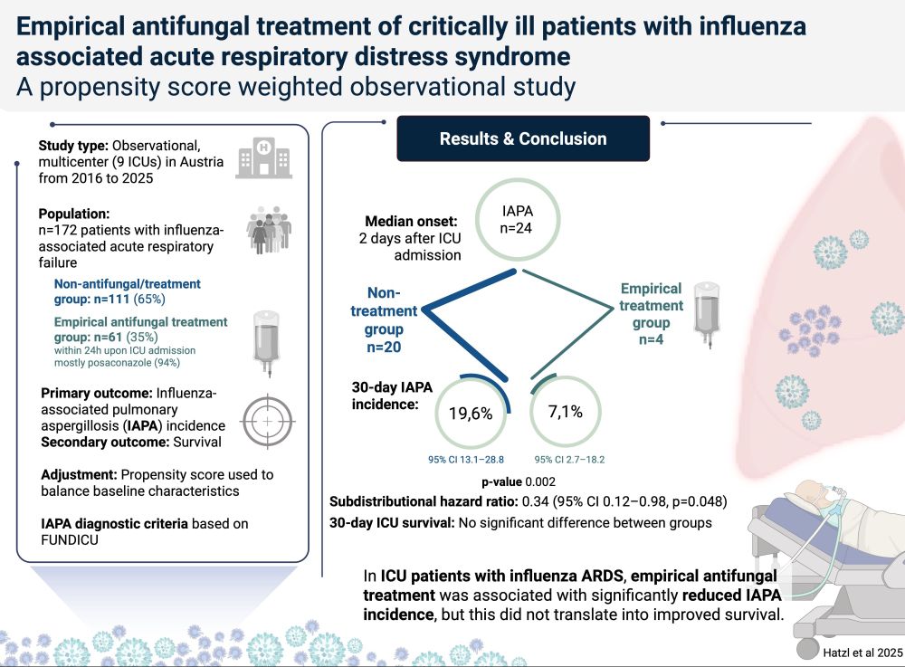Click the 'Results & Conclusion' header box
[523, 138]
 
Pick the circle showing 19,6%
[470, 413]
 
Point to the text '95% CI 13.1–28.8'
[466, 460]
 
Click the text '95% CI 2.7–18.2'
[569, 460]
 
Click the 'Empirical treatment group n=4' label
[650, 314]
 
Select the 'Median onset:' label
[409, 222]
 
